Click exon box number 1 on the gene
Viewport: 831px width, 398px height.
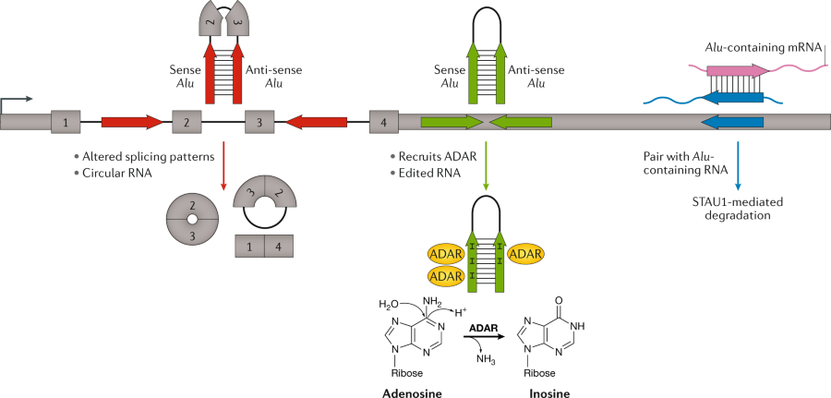[x=66, y=121]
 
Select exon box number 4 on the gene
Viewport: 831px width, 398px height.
[x=383, y=121]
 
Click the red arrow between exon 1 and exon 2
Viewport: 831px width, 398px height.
[x=131, y=121]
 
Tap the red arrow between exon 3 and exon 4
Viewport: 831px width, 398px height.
[x=316, y=121]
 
